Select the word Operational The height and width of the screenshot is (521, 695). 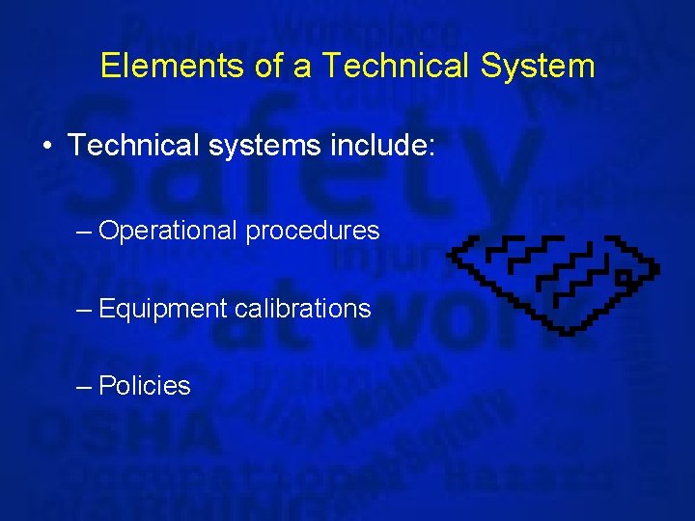tap(167, 231)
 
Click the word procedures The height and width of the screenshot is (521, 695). tap(312, 232)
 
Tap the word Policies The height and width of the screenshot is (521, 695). tap(145, 386)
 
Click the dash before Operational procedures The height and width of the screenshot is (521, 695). tap(84, 232)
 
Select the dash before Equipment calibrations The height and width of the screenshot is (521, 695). tap(84, 309)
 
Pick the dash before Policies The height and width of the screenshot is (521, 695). tap(84, 386)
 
